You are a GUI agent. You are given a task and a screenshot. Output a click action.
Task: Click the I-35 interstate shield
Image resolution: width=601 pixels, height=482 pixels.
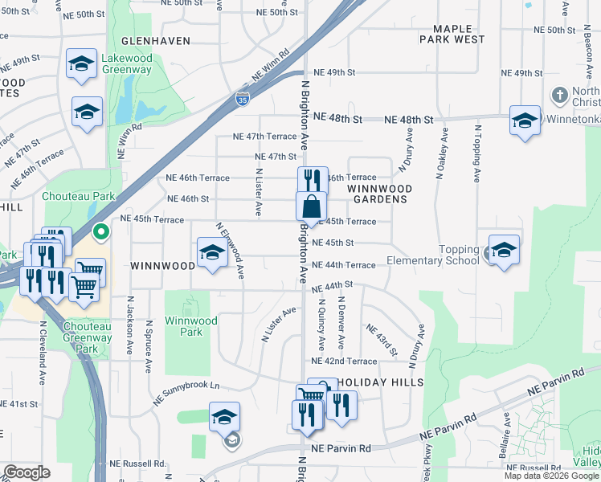(242, 100)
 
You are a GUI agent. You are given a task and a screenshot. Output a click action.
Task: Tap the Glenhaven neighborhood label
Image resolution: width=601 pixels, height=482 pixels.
(156, 40)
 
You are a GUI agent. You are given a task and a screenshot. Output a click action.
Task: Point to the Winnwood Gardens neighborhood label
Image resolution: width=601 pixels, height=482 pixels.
(380, 194)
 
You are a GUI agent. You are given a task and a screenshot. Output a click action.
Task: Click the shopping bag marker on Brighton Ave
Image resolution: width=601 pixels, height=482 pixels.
(311, 206)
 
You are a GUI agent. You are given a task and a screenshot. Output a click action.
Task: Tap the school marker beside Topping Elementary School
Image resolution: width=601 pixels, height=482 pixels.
(504, 250)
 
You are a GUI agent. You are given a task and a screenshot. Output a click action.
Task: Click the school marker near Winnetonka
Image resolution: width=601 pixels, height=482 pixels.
(525, 121)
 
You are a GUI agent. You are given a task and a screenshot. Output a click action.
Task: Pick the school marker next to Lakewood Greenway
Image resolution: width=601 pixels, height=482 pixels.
(81, 64)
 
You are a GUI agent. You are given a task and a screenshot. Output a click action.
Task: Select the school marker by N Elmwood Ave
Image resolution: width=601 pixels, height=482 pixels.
(212, 253)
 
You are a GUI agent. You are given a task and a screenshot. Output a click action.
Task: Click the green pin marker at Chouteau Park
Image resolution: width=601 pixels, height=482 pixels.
(100, 233)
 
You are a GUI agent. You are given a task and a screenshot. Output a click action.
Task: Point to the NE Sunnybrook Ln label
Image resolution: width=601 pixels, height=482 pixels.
(186, 392)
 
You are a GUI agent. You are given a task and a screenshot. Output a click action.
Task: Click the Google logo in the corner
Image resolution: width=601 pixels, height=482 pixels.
(27, 472)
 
